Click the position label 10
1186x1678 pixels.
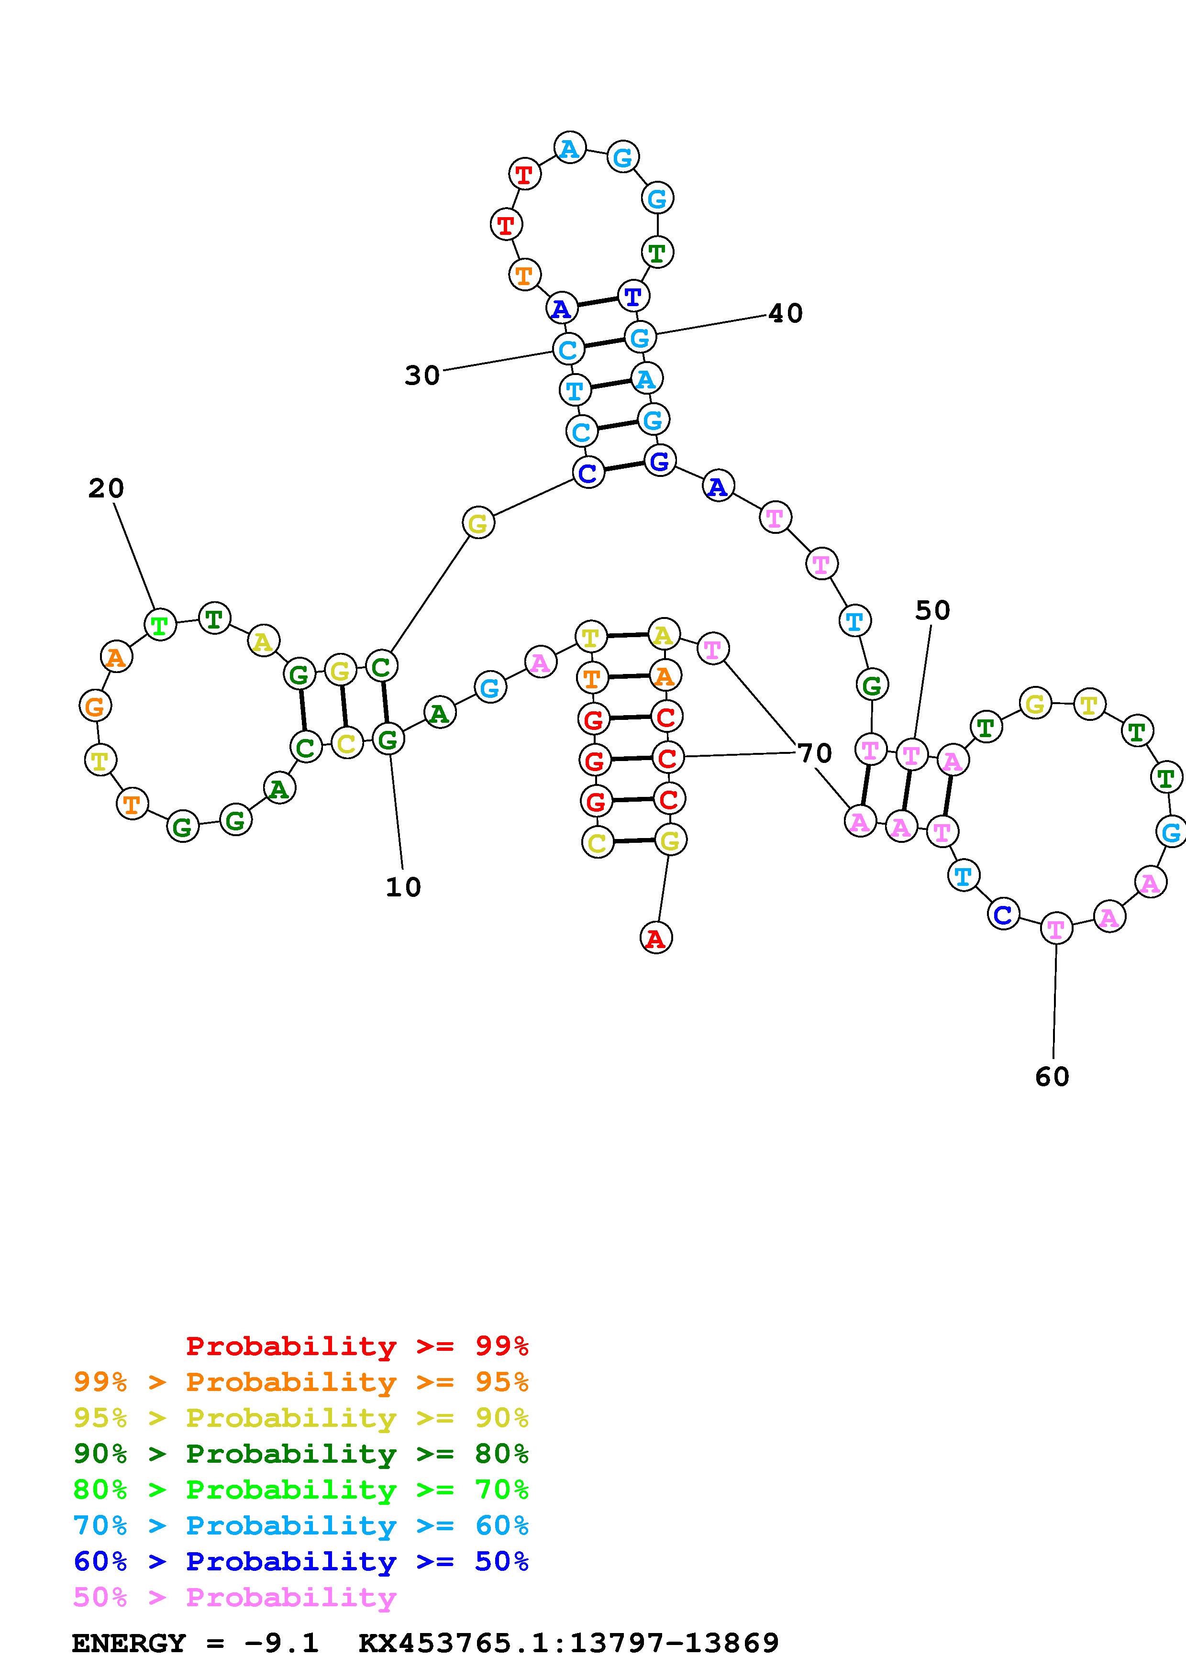(x=403, y=887)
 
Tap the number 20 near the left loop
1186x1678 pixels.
(x=107, y=488)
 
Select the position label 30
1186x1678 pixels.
(x=422, y=375)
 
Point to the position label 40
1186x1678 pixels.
(x=786, y=313)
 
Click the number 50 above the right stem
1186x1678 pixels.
(x=932, y=610)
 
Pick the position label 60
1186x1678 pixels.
(x=1052, y=1077)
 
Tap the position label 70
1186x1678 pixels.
(x=815, y=753)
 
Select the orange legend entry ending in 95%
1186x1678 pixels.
(x=301, y=1382)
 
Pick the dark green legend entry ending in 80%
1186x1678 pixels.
(x=301, y=1454)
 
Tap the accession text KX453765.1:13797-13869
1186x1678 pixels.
(x=568, y=1643)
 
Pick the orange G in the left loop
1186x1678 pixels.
(x=95, y=707)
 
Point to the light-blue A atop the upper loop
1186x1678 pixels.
(x=569, y=148)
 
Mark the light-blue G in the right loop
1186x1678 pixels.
(x=1171, y=832)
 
